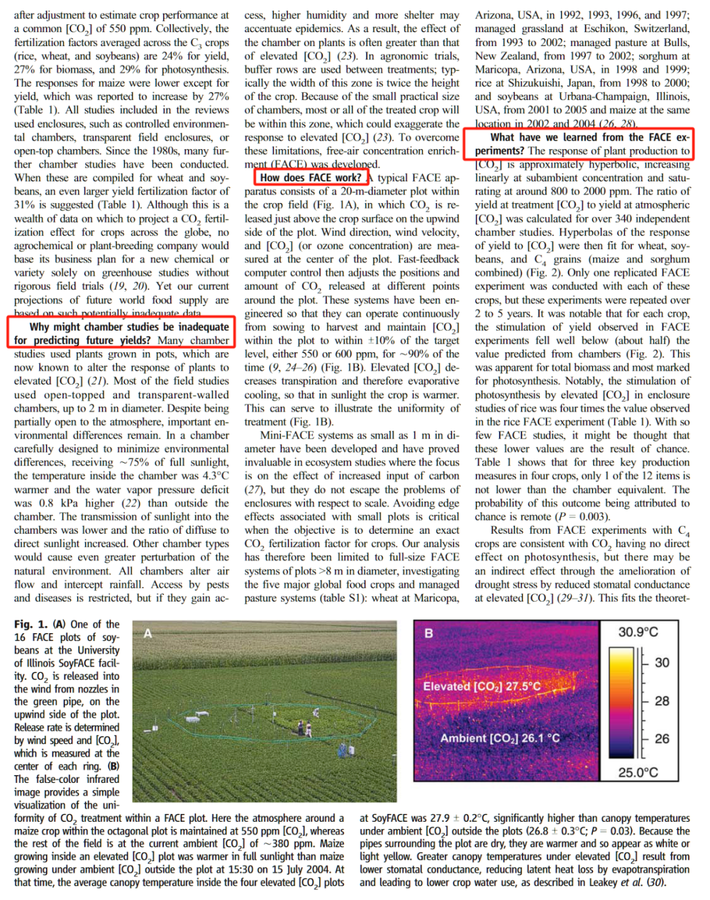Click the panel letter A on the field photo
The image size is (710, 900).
[x=148, y=633]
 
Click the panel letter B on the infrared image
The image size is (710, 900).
[x=429, y=633]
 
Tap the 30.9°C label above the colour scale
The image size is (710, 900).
[x=638, y=632]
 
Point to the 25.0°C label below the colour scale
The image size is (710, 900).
[x=638, y=772]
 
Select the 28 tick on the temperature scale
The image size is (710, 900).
[x=661, y=701]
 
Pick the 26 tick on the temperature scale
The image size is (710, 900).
[x=661, y=739]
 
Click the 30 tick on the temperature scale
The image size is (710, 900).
[x=661, y=663]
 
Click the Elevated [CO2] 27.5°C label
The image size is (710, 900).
[x=482, y=686]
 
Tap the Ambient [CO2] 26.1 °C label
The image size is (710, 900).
[x=500, y=738]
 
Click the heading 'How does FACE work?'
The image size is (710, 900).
[x=310, y=178]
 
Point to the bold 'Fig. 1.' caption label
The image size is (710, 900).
[x=31, y=625]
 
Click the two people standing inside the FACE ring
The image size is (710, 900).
[x=304, y=728]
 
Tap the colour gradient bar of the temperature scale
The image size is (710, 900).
[x=622, y=701]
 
